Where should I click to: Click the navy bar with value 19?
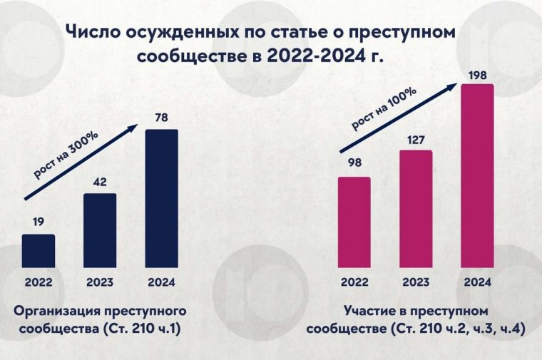click(x=38, y=250)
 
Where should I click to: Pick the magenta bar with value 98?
click(x=354, y=221)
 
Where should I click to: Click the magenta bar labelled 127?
click(x=415, y=207)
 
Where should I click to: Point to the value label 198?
click(x=477, y=75)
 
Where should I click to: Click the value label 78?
click(x=161, y=118)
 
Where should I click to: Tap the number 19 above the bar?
click(x=38, y=222)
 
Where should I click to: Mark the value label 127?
click(x=415, y=139)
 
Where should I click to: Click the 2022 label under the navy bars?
click(x=38, y=282)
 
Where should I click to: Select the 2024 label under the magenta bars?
click(x=477, y=282)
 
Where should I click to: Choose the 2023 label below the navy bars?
click(x=100, y=282)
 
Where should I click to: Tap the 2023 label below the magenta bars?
click(x=415, y=282)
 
